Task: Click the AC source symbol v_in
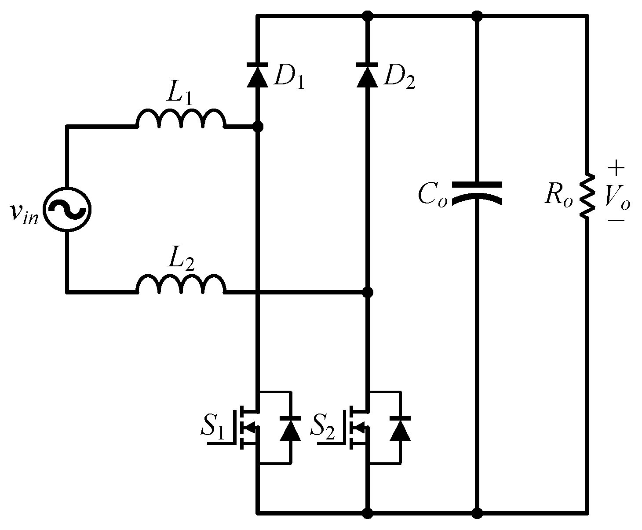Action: pos(67,208)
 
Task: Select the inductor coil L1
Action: pos(181,119)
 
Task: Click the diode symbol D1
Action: pos(258,75)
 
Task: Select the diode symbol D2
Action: pos(368,75)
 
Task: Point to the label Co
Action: pos(432,195)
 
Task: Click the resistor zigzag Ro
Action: pos(587,195)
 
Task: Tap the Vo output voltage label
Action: pos(617,196)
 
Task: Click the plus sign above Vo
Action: pos(616,167)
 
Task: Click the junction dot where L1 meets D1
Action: pos(258,127)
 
